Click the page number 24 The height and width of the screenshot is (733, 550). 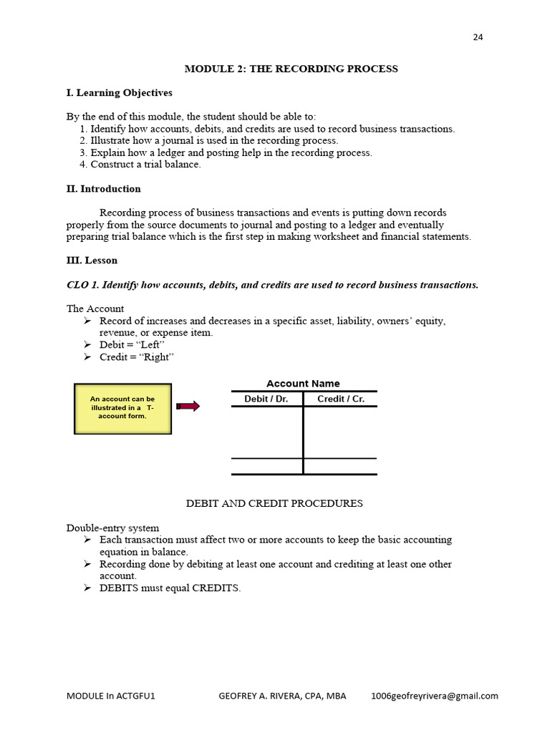(478, 38)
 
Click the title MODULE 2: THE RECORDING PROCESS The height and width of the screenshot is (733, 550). (291, 69)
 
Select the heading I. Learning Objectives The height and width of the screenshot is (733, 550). (120, 93)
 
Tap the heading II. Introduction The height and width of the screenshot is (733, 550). (104, 189)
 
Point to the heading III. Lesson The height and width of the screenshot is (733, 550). (92, 261)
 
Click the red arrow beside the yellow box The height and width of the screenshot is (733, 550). (188, 407)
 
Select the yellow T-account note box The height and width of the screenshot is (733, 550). (122, 408)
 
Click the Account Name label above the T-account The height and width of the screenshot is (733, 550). (303, 384)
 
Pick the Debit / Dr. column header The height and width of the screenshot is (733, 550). (266, 399)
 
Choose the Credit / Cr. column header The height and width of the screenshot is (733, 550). (340, 399)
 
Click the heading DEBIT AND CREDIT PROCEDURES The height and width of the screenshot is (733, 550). (274, 503)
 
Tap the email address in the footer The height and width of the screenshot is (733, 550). (434, 696)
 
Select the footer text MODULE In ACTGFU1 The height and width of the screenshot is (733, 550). (110, 696)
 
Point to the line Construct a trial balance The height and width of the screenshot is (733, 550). (145, 165)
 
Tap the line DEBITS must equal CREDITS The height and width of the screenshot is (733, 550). (170, 588)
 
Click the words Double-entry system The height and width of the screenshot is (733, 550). (113, 528)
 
